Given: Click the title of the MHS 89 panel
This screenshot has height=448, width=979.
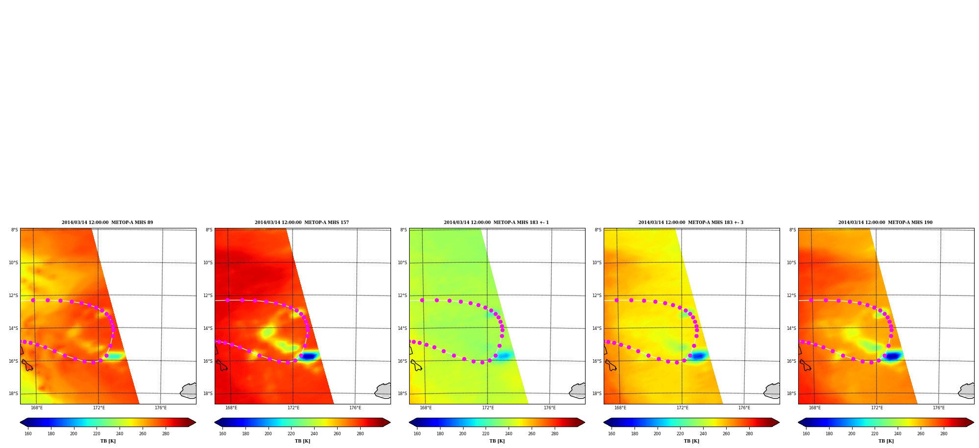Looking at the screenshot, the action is pos(107,223).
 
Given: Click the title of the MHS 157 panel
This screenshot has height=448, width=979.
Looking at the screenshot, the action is pos(302,223).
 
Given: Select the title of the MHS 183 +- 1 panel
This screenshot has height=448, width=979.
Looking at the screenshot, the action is pos(496,223).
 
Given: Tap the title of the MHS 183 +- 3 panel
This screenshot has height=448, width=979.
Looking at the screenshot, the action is pos(691,223).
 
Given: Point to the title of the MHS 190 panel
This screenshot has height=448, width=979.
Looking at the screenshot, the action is pos(885,223).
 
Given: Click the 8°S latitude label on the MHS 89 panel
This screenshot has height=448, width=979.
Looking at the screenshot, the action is pos(15,230).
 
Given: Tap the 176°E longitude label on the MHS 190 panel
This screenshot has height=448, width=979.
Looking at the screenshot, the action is pos(939,408).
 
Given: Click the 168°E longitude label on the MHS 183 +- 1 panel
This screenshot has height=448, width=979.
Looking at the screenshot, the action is pos(426,408).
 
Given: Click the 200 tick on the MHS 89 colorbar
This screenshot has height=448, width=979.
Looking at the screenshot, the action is pos(73,434).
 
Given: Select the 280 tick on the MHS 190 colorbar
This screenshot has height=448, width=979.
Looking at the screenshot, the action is pos(944,434).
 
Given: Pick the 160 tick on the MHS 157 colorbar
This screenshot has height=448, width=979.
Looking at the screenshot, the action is pos(222,434).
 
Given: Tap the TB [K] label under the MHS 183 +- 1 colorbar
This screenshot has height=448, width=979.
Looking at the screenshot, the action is pos(497,441).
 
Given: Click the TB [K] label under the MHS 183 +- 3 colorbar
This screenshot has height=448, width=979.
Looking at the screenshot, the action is pos(691,441).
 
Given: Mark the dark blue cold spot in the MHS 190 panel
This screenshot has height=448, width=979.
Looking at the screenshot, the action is pos(892,356).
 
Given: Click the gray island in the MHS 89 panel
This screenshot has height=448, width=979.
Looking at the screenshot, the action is pos(189,391).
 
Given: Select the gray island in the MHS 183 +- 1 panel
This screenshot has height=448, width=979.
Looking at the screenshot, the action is pos(577,391).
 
